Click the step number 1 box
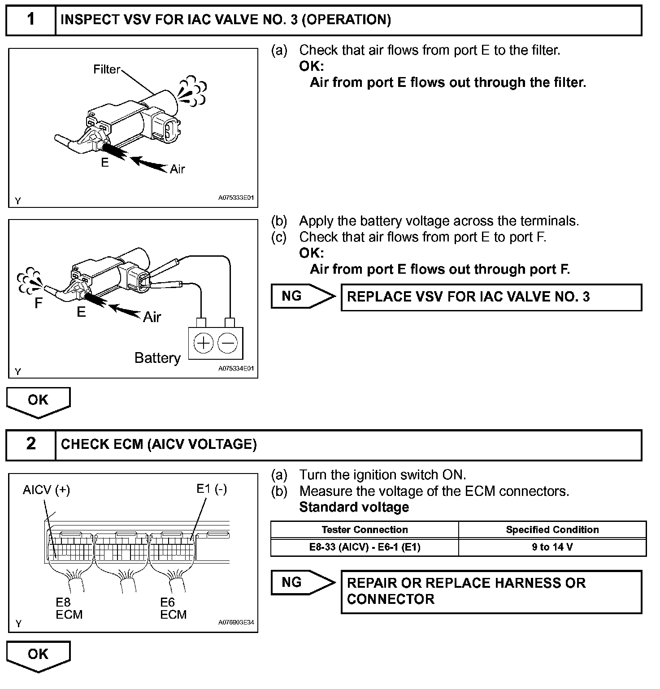30,20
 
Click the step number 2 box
30,444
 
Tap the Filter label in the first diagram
107,69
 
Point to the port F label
39,304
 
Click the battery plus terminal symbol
204,343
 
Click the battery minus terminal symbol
228,343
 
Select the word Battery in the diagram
157,358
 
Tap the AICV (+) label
47,490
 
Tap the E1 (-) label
212,489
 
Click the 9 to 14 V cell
552,547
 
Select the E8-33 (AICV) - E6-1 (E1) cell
365,547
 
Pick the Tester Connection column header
365,530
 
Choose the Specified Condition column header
552,530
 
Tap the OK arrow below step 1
38,400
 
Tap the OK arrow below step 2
38,655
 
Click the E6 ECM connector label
173,608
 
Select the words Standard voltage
354,507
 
